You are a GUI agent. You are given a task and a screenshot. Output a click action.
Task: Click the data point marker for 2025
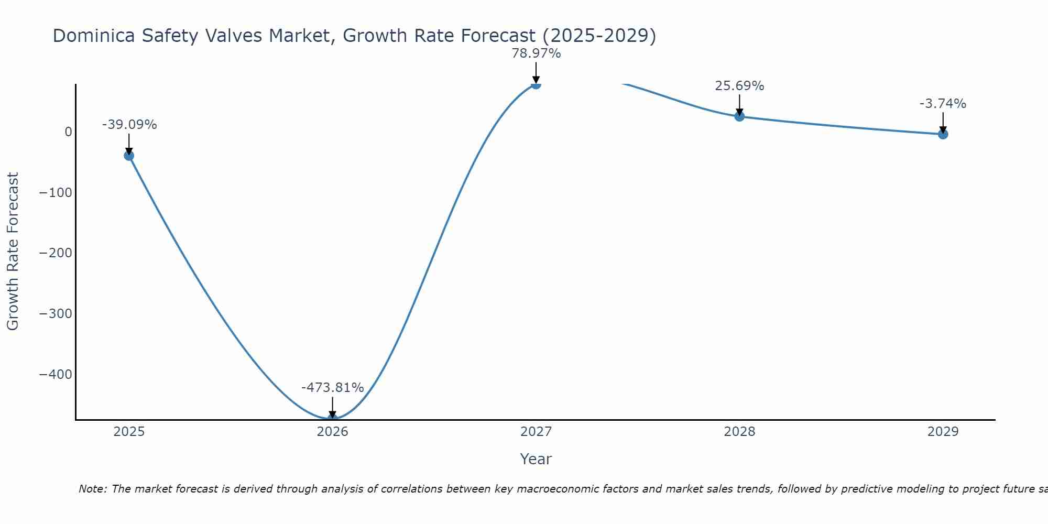129,156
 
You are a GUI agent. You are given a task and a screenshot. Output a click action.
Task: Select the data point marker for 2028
739,116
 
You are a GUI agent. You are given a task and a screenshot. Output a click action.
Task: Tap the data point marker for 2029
943,134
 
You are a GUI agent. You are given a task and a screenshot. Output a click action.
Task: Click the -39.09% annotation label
129,125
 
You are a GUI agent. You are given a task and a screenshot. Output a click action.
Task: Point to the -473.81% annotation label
332,388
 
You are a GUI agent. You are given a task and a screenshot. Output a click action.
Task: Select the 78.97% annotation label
536,53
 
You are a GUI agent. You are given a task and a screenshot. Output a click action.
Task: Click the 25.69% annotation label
739,86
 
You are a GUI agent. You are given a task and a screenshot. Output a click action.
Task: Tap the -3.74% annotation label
943,104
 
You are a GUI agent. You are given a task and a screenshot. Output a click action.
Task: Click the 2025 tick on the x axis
129,432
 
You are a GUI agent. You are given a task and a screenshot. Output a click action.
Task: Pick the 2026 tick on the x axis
332,432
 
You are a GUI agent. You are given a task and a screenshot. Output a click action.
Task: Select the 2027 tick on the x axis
536,432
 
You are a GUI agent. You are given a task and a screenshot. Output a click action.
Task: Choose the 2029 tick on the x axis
943,432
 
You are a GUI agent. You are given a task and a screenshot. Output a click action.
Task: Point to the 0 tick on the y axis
68,132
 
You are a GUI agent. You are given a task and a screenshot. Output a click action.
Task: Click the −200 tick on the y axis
56,253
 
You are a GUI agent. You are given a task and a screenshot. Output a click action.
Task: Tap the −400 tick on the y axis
56,375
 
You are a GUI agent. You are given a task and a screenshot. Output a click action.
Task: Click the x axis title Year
536,459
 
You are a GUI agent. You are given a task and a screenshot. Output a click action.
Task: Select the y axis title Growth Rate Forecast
13,252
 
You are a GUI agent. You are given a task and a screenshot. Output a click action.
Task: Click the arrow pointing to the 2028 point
739,105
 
